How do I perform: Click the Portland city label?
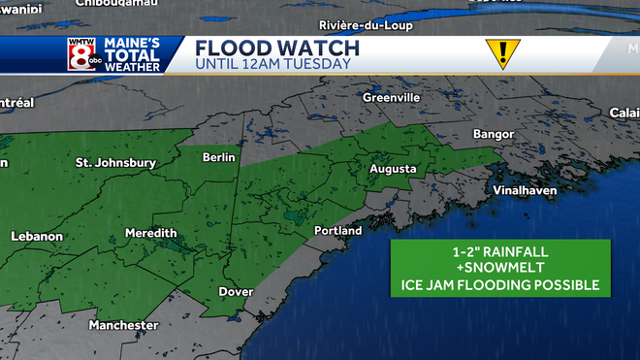[337, 231]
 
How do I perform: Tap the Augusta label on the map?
[393, 169]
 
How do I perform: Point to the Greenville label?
[391, 98]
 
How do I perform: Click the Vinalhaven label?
[525, 190]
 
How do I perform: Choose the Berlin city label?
[218, 157]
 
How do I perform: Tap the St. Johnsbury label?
[115, 163]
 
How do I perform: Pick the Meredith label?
[150, 234]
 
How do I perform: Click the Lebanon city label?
[37, 236]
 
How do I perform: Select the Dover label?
[236, 292]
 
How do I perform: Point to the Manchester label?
[123, 325]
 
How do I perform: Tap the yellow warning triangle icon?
[503, 53]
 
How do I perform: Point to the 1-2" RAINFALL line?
[500, 250]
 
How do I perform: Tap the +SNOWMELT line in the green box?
[500, 268]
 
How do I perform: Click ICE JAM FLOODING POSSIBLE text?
[500, 285]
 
